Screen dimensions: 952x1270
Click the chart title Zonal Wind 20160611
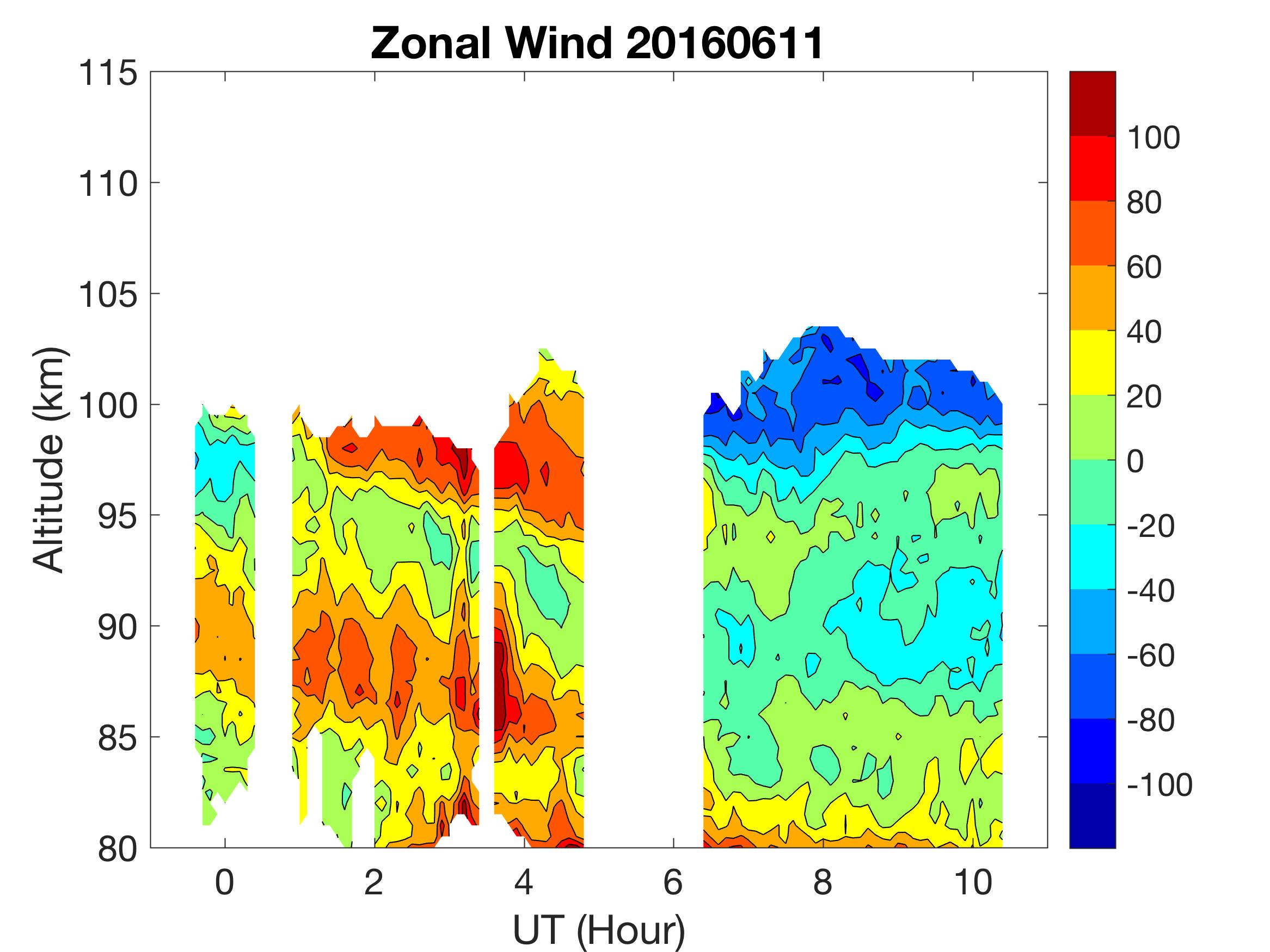click(597, 43)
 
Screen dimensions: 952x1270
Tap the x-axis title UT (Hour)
click(598, 929)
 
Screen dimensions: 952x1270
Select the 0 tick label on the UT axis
click(224, 882)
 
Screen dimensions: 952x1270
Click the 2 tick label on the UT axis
click(374, 882)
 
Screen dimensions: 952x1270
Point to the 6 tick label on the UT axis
click(673, 882)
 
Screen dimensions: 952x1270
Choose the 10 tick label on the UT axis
click(973, 882)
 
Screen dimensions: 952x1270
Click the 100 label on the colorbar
click(1154, 138)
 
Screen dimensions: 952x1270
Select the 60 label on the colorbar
click(1144, 267)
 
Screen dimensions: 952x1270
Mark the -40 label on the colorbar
click(1150, 590)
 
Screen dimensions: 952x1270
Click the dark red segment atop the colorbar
click(1092, 103)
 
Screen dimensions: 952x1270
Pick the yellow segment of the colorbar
click(1092, 362)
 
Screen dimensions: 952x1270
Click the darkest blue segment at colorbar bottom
click(1092, 815)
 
